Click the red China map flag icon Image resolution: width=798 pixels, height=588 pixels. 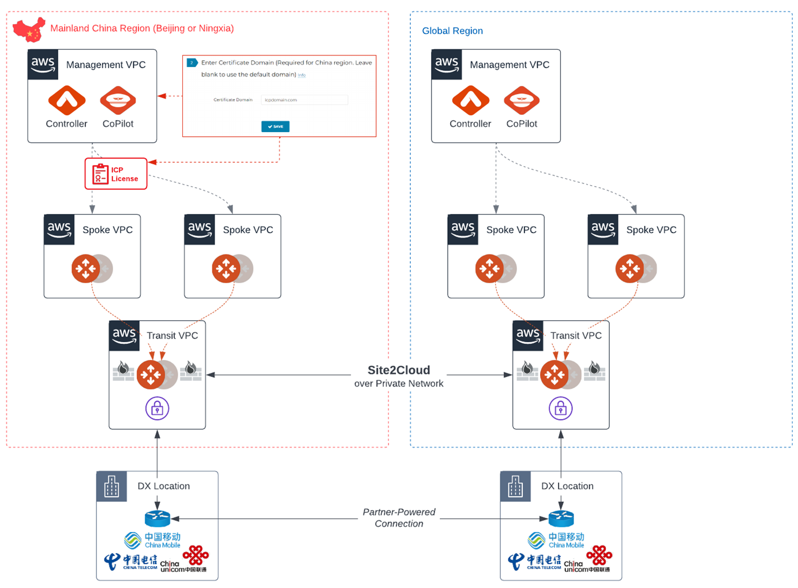point(29,29)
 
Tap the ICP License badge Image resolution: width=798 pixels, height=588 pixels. point(116,174)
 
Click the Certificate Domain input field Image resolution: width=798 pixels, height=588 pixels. point(304,100)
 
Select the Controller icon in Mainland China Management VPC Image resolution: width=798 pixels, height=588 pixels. point(67,100)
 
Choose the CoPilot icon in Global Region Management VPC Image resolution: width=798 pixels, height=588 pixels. point(522,100)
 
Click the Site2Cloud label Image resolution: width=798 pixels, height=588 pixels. point(399,370)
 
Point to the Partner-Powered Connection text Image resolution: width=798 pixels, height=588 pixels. point(399,518)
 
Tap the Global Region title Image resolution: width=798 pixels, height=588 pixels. point(452,31)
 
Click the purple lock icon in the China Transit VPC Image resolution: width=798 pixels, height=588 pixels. point(157,409)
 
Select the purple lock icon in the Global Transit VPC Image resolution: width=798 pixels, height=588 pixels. point(560,409)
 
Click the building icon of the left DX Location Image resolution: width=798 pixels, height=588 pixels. point(111,486)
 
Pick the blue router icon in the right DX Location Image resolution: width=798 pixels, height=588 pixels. point(561,518)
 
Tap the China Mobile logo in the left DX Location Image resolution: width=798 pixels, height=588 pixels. point(153,540)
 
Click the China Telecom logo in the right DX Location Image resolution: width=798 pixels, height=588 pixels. point(534,561)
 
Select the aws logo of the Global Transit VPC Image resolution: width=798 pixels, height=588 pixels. point(528,335)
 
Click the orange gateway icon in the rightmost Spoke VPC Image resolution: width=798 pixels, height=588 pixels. point(630,268)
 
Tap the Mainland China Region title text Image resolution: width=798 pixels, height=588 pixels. point(142,28)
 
